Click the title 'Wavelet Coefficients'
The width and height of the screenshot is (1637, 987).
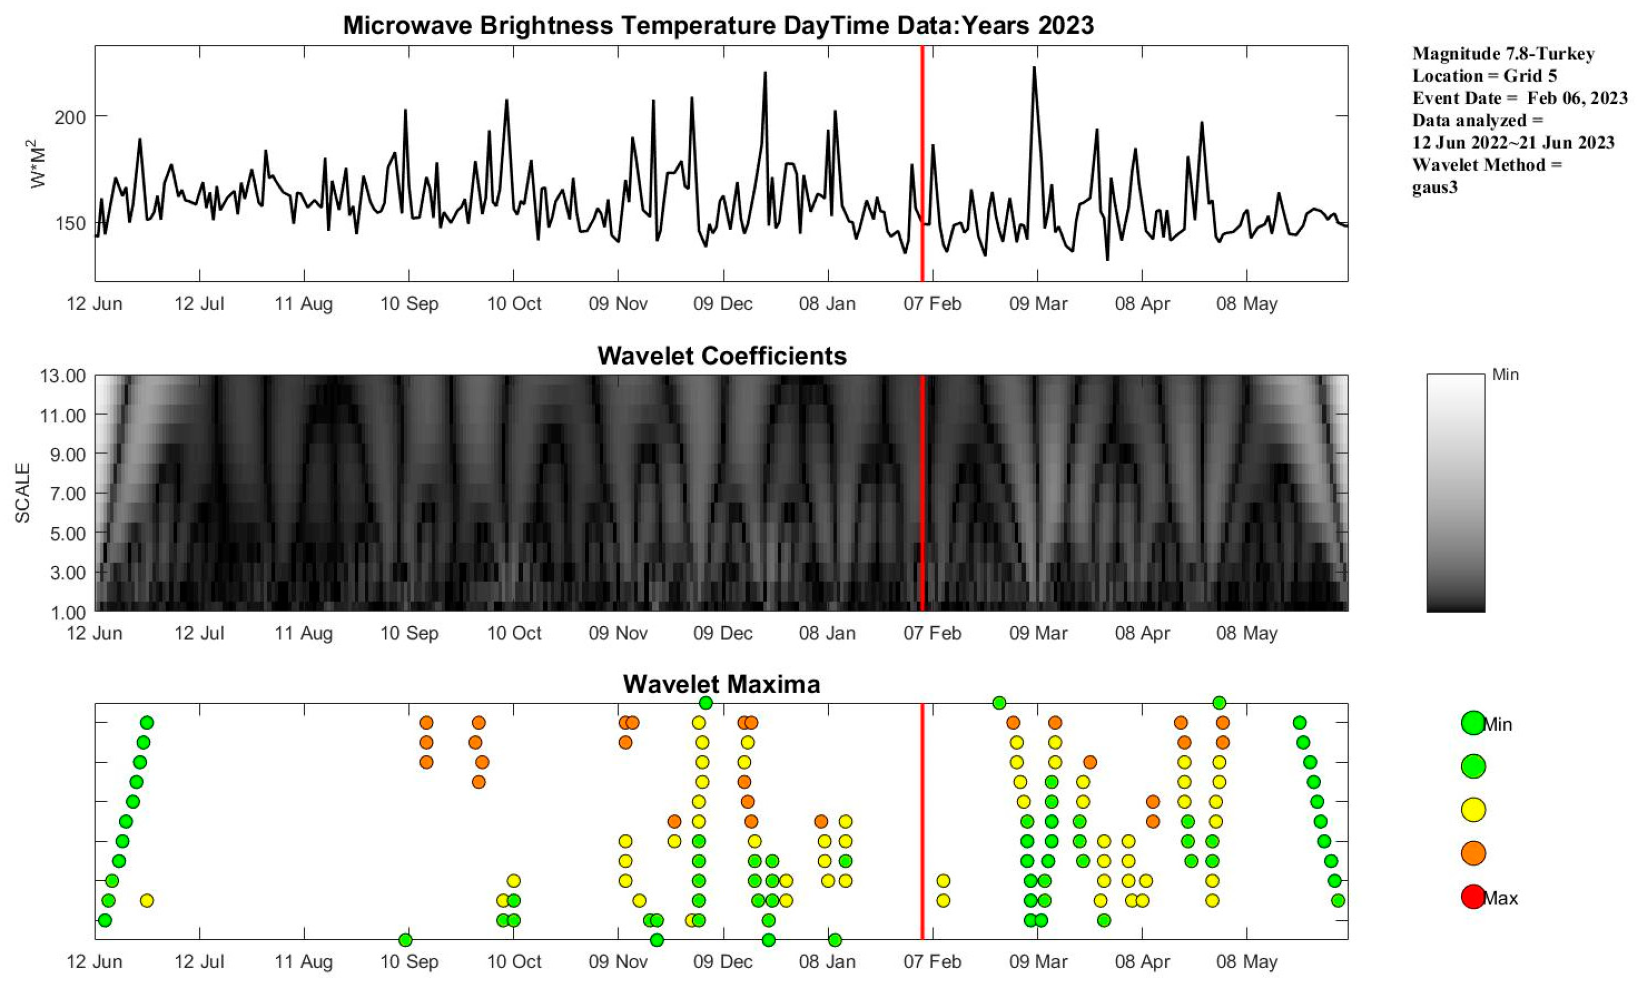click(722, 356)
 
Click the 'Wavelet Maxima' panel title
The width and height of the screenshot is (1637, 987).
click(722, 684)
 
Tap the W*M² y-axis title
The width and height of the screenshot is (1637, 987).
click(38, 163)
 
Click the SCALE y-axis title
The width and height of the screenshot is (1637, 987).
click(23, 493)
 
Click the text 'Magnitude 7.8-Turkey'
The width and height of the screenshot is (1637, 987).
click(1503, 54)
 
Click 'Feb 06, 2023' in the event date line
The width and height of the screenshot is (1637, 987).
click(1576, 98)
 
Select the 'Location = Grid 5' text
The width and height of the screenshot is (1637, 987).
click(1484, 76)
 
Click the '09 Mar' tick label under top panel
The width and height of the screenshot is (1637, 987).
click(1038, 304)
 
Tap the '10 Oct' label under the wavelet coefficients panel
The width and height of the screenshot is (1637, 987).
click(514, 634)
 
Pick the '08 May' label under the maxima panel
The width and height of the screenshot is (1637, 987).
click(1246, 962)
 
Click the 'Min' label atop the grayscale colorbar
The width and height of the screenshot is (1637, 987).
click(1505, 376)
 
